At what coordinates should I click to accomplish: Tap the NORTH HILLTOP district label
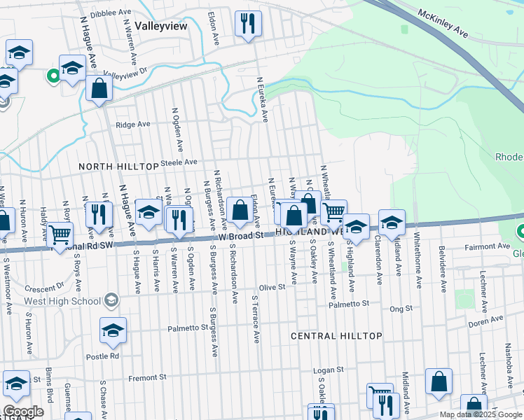(118, 167)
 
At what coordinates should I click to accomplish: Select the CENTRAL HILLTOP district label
(337, 336)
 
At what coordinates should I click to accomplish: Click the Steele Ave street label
(179, 162)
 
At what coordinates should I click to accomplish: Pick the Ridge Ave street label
(133, 125)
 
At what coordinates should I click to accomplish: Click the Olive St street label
(273, 287)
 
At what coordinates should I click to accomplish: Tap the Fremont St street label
(146, 377)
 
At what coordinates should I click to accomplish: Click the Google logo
(24, 412)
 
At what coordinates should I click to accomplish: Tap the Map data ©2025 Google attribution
(480, 415)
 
